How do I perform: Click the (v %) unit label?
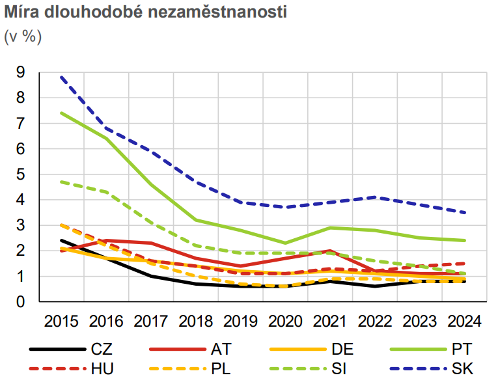[23, 36]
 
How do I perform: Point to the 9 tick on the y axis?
[21, 72]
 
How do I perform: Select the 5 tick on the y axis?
[21, 174]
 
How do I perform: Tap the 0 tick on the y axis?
[21, 301]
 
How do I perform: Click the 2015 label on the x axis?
[61, 322]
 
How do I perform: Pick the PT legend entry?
[462, 349]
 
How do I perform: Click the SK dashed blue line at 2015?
[61, 77]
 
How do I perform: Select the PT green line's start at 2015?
[61, 113]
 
